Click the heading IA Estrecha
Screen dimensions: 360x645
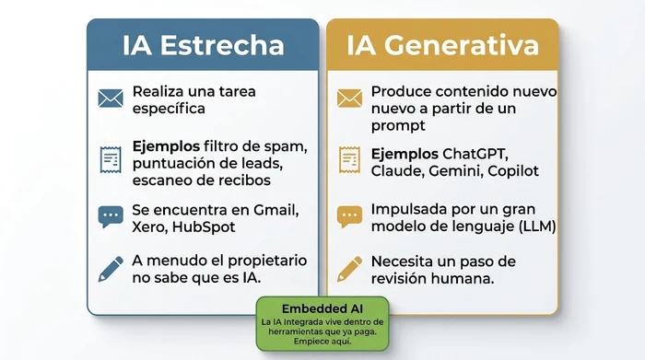point(204,45)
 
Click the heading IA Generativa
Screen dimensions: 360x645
point(441,45)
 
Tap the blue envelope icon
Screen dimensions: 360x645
point(111,99)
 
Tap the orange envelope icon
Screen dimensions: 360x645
point(349,99)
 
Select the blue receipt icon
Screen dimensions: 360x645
point(111,158)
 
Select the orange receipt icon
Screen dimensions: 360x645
point(349,158)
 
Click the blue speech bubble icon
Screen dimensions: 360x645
point(111,216)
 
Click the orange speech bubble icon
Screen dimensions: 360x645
point(349,216)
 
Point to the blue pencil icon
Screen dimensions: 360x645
point(111,269)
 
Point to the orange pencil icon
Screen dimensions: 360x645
point(349,269)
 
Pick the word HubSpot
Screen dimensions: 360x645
point(204,226)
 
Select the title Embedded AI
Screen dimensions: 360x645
point(322,308)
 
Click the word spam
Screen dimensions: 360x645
point(286,146)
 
